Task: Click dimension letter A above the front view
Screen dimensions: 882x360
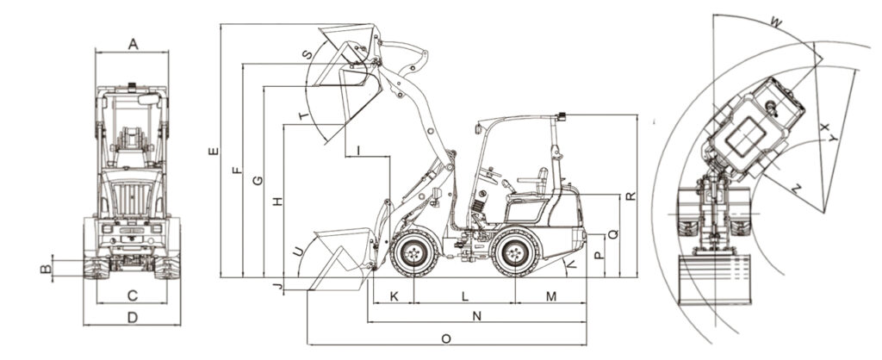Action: (133, 44)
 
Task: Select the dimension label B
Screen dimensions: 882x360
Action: (47, 269)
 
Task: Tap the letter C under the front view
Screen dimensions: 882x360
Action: (132, 295)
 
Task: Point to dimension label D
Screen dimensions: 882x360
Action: (132, 318)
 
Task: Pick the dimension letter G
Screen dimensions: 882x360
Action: (257, 181)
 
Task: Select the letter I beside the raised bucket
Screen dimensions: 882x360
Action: (358, 150)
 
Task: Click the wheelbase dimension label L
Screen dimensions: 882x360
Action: (464, 296)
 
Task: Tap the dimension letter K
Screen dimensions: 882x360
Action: (394, 296)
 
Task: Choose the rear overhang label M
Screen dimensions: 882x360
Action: (550, 296)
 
